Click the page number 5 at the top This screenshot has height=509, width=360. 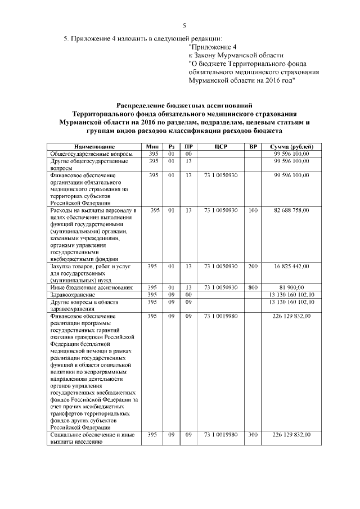[184, 25]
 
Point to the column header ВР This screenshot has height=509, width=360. [253, 146]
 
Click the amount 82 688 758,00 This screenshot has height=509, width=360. [291, 210]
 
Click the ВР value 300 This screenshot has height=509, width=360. [253, 434]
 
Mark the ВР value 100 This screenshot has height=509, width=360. [253, 210]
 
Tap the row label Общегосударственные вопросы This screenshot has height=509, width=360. [92, 154]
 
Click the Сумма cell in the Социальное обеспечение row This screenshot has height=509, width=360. [291, 434]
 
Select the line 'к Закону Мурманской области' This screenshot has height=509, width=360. [236, 56]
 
